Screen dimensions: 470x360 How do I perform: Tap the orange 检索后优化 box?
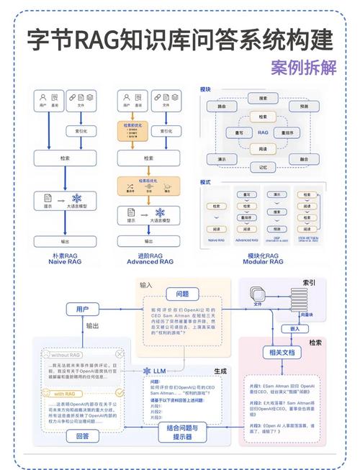[x=148, y=186]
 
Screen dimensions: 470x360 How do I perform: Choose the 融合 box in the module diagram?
[x=303, y=158]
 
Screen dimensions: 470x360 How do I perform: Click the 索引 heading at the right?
[x=309, y=282]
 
